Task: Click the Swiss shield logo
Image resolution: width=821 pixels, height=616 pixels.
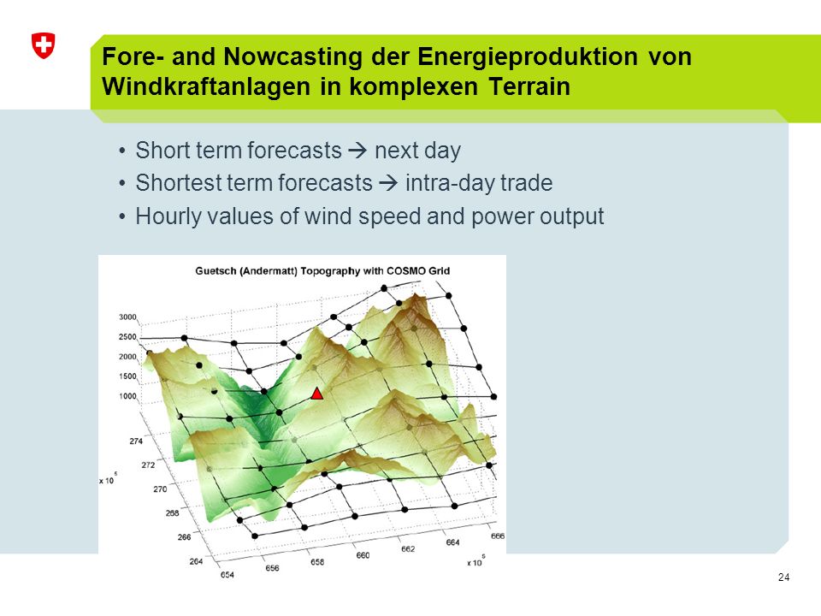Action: point(44,45)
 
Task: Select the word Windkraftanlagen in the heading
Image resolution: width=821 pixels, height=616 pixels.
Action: point(206,86)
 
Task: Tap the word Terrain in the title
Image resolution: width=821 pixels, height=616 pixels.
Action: point(529,86)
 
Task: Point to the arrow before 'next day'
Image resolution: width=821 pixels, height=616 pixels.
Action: point(358,151)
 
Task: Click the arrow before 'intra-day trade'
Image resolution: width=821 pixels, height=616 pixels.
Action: point(388,183)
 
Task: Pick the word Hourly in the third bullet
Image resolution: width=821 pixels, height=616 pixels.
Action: point(168,216)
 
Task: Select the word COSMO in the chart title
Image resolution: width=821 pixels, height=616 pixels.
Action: point(403,271)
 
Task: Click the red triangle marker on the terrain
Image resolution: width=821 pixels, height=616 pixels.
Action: point(316,394)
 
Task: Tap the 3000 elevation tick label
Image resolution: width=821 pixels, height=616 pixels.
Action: point(127,317)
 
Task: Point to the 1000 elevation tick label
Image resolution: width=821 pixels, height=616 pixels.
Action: point(127,396)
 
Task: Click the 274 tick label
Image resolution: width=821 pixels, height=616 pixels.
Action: point(136,441)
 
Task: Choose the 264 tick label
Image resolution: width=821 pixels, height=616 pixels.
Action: point(196,561)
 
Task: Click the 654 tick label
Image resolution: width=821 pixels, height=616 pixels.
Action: point(227,575)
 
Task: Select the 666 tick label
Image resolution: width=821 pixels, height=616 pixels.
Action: point(498,536)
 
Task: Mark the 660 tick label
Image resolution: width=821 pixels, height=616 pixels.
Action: point(363,555)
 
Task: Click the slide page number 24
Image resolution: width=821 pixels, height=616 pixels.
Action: point(784,577)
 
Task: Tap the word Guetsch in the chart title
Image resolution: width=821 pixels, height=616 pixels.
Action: point(216,271)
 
